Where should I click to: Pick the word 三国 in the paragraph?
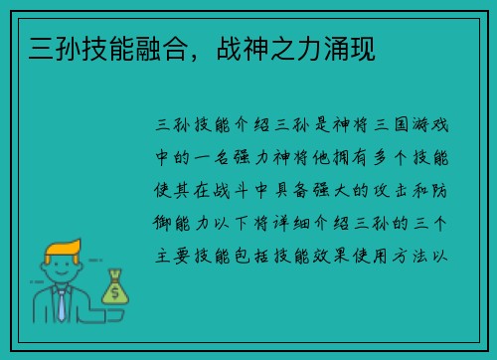[x=387, y=127]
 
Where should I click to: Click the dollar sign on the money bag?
[x=116, y=292]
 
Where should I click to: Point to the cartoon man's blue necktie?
[x=62, y=304]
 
